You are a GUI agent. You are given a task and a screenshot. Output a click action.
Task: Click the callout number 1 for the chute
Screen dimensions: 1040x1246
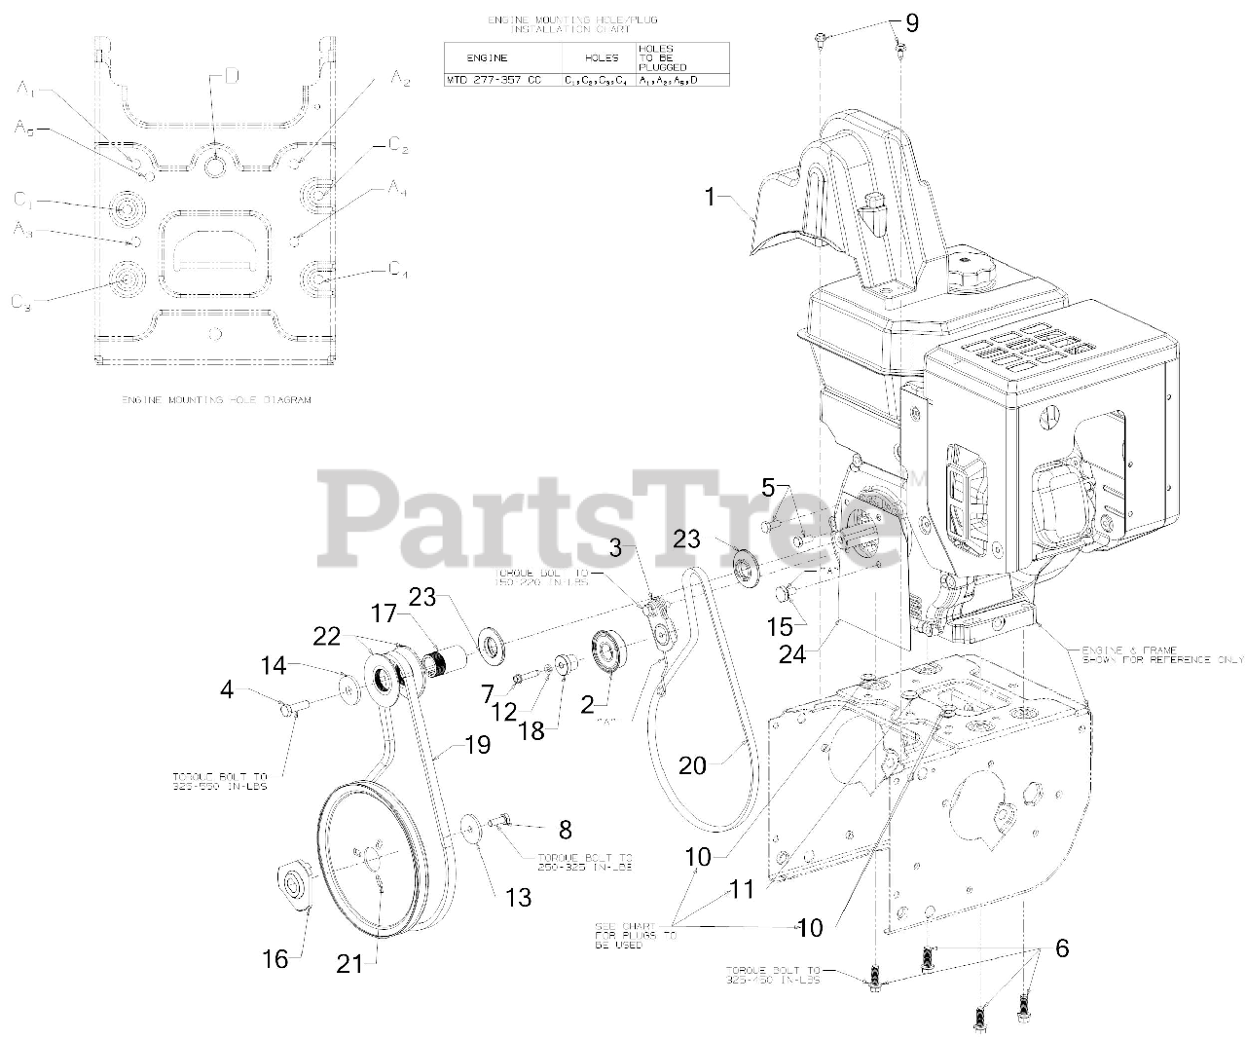[711, 198]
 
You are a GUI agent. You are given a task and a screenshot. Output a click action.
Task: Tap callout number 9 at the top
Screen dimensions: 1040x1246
[910, 21]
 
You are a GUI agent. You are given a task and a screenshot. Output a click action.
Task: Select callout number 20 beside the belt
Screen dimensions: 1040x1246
[692, 765]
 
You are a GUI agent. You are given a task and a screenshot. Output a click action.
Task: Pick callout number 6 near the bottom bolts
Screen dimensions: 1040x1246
[1061, 948]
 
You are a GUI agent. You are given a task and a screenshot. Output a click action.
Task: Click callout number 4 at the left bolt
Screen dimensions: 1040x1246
[228, 689]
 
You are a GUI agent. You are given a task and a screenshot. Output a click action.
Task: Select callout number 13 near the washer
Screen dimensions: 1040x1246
[519, 896]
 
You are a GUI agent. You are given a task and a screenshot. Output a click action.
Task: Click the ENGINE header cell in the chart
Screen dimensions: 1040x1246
[488, 57]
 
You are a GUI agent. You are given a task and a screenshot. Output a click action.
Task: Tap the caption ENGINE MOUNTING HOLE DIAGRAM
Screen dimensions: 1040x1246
[216, 400]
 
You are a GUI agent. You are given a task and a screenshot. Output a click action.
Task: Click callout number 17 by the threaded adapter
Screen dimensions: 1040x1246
[385, 615]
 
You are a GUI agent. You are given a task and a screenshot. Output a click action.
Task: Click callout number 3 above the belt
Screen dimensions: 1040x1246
[615, 548]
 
